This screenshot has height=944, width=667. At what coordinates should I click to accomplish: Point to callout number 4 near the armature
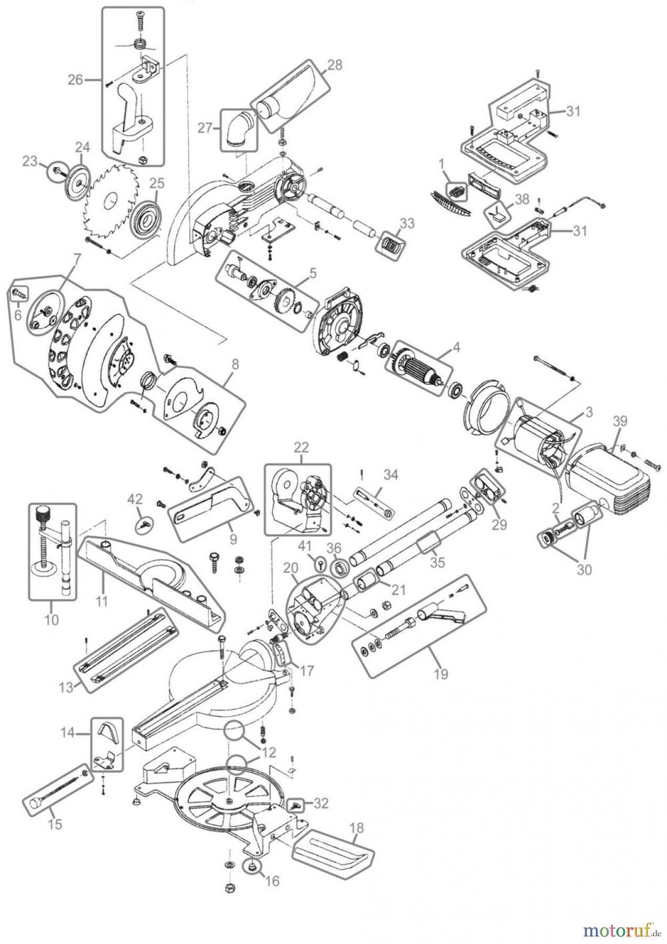point(456,347)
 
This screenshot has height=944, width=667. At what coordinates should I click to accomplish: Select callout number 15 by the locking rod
point(55,824)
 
